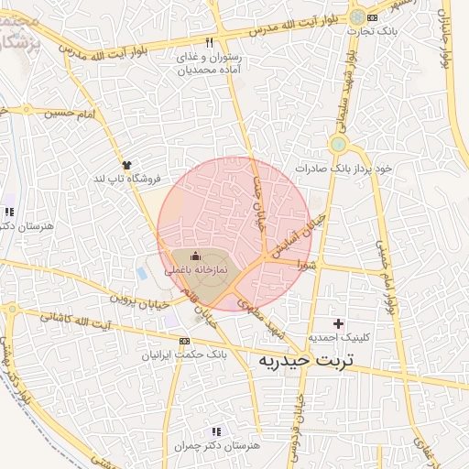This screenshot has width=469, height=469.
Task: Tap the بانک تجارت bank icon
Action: point(372,16)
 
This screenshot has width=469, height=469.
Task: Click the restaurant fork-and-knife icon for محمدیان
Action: point(210,42)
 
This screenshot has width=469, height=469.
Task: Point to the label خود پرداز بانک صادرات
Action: point(344,169)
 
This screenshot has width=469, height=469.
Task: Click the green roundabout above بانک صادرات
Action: point(339,144)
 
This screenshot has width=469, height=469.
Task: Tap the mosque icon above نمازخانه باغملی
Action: point(193,258)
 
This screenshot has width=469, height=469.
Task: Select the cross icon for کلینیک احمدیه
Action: point(339,323)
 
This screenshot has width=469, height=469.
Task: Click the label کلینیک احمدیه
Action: point(340,338)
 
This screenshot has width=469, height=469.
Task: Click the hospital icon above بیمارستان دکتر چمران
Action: point(216,431)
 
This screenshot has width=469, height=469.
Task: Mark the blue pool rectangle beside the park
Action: point(141,272)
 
